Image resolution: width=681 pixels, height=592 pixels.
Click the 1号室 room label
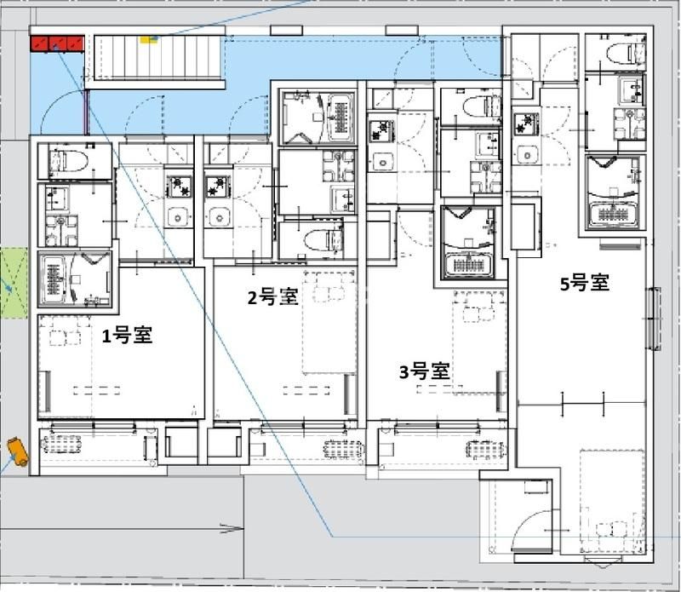point(127,336)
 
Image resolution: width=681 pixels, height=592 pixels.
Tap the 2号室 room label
point(272,297)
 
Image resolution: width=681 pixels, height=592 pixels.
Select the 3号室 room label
point(424,371)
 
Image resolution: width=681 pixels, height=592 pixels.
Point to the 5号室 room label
point(585,283)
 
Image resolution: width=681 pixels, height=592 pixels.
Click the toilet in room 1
point(68,161)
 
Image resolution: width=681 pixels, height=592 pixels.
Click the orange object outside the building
point(18,452)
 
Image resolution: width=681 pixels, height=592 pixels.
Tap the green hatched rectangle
point(14,283)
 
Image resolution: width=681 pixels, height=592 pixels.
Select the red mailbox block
point(57,43)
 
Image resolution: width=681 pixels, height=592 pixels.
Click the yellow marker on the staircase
point(149,40)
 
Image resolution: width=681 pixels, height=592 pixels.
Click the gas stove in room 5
point(526,124)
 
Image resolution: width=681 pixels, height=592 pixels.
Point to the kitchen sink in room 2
point(218,216)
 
